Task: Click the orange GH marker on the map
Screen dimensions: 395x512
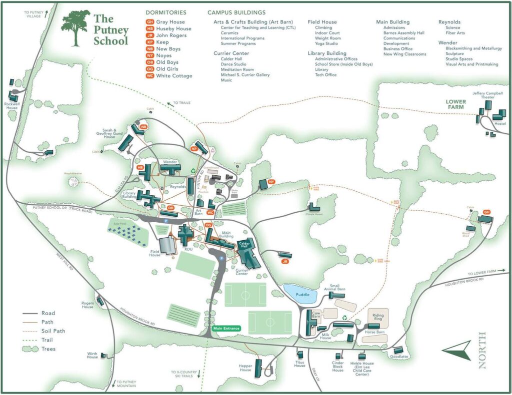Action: (486, 212)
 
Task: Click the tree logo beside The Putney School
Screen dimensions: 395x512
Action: (76, 28)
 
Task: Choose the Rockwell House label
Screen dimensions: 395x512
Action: (11, 105)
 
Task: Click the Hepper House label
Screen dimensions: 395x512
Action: (245, 368)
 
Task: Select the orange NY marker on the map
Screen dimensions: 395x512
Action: (271, 181)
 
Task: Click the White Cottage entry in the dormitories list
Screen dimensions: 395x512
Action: (173, 76)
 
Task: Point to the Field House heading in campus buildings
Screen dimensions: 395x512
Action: (322, 22)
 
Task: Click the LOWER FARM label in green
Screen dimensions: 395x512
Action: (455, 104)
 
